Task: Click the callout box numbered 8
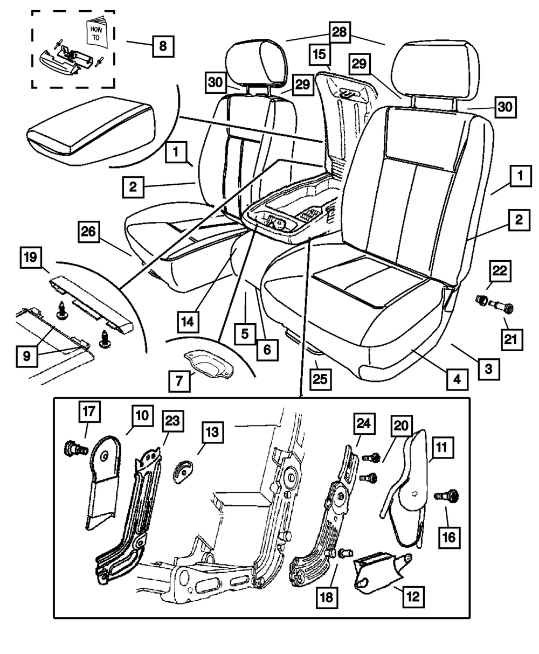pos(162,45)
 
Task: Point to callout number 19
pos(33,258)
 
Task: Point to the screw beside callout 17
pos(75,448)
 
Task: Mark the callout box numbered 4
pos(456,379)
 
